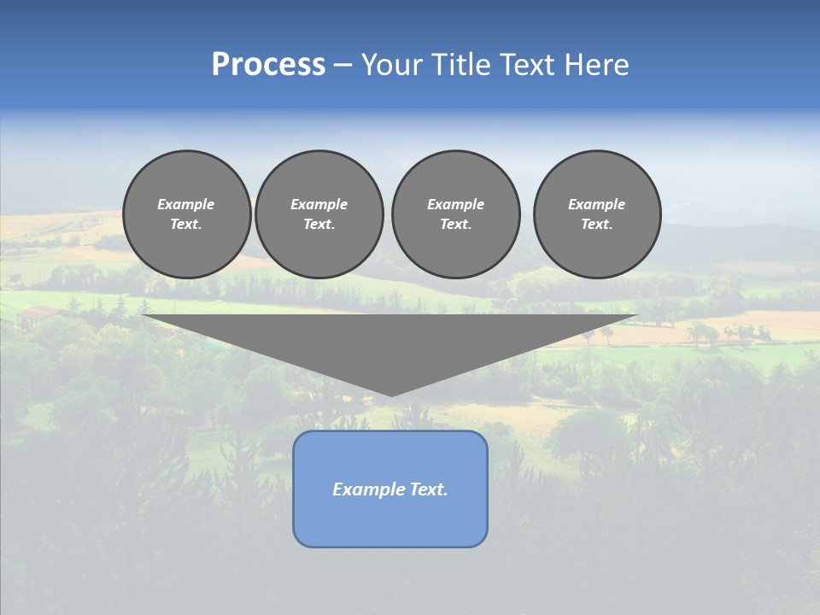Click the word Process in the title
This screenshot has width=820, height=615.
[x=268, y=65]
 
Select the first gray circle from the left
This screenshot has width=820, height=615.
[x=186, y=214]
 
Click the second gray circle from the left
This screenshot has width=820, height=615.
[x=319, y=214]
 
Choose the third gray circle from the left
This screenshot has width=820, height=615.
[x=455, y=214]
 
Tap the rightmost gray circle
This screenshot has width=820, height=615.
[x=596, y=214]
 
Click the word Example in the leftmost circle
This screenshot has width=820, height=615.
[x=186, y=204]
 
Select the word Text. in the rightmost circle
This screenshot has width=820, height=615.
[x=596, y=224]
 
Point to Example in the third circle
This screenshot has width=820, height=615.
[x=455, y=204]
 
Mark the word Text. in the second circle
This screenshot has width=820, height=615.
[x=319, y=224]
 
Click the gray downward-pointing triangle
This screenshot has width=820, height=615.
[x=390, y=342]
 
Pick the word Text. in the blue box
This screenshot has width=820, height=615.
[x=429, y=489]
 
